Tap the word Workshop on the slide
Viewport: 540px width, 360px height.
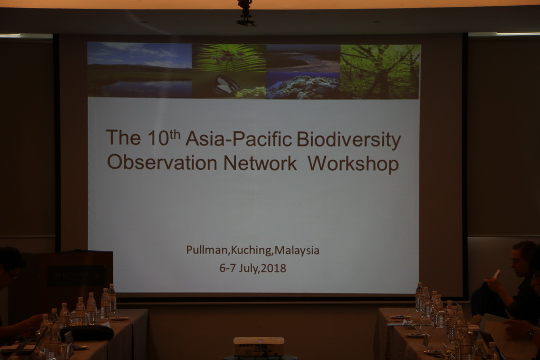coord(353,163)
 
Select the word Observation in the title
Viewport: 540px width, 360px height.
coord(162,162)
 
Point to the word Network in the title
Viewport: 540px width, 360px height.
coord(261,162)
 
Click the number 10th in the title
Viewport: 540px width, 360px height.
coord(164,138)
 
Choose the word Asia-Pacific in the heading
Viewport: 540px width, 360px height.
coord(239,139)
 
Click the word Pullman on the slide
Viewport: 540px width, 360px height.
coord(207,250)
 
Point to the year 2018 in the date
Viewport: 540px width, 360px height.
coord(274,268)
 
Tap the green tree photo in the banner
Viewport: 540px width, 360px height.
coord(380,72)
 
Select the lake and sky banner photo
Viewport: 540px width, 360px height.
coord(139,70)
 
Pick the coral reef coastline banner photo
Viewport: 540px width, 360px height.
coord(303,72)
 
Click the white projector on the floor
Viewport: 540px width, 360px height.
coord(258,347)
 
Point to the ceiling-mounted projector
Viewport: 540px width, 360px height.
coord(246,13)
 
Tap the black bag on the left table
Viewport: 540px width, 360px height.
coord(87,333)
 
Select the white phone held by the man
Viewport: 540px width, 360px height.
coord(497,274)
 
